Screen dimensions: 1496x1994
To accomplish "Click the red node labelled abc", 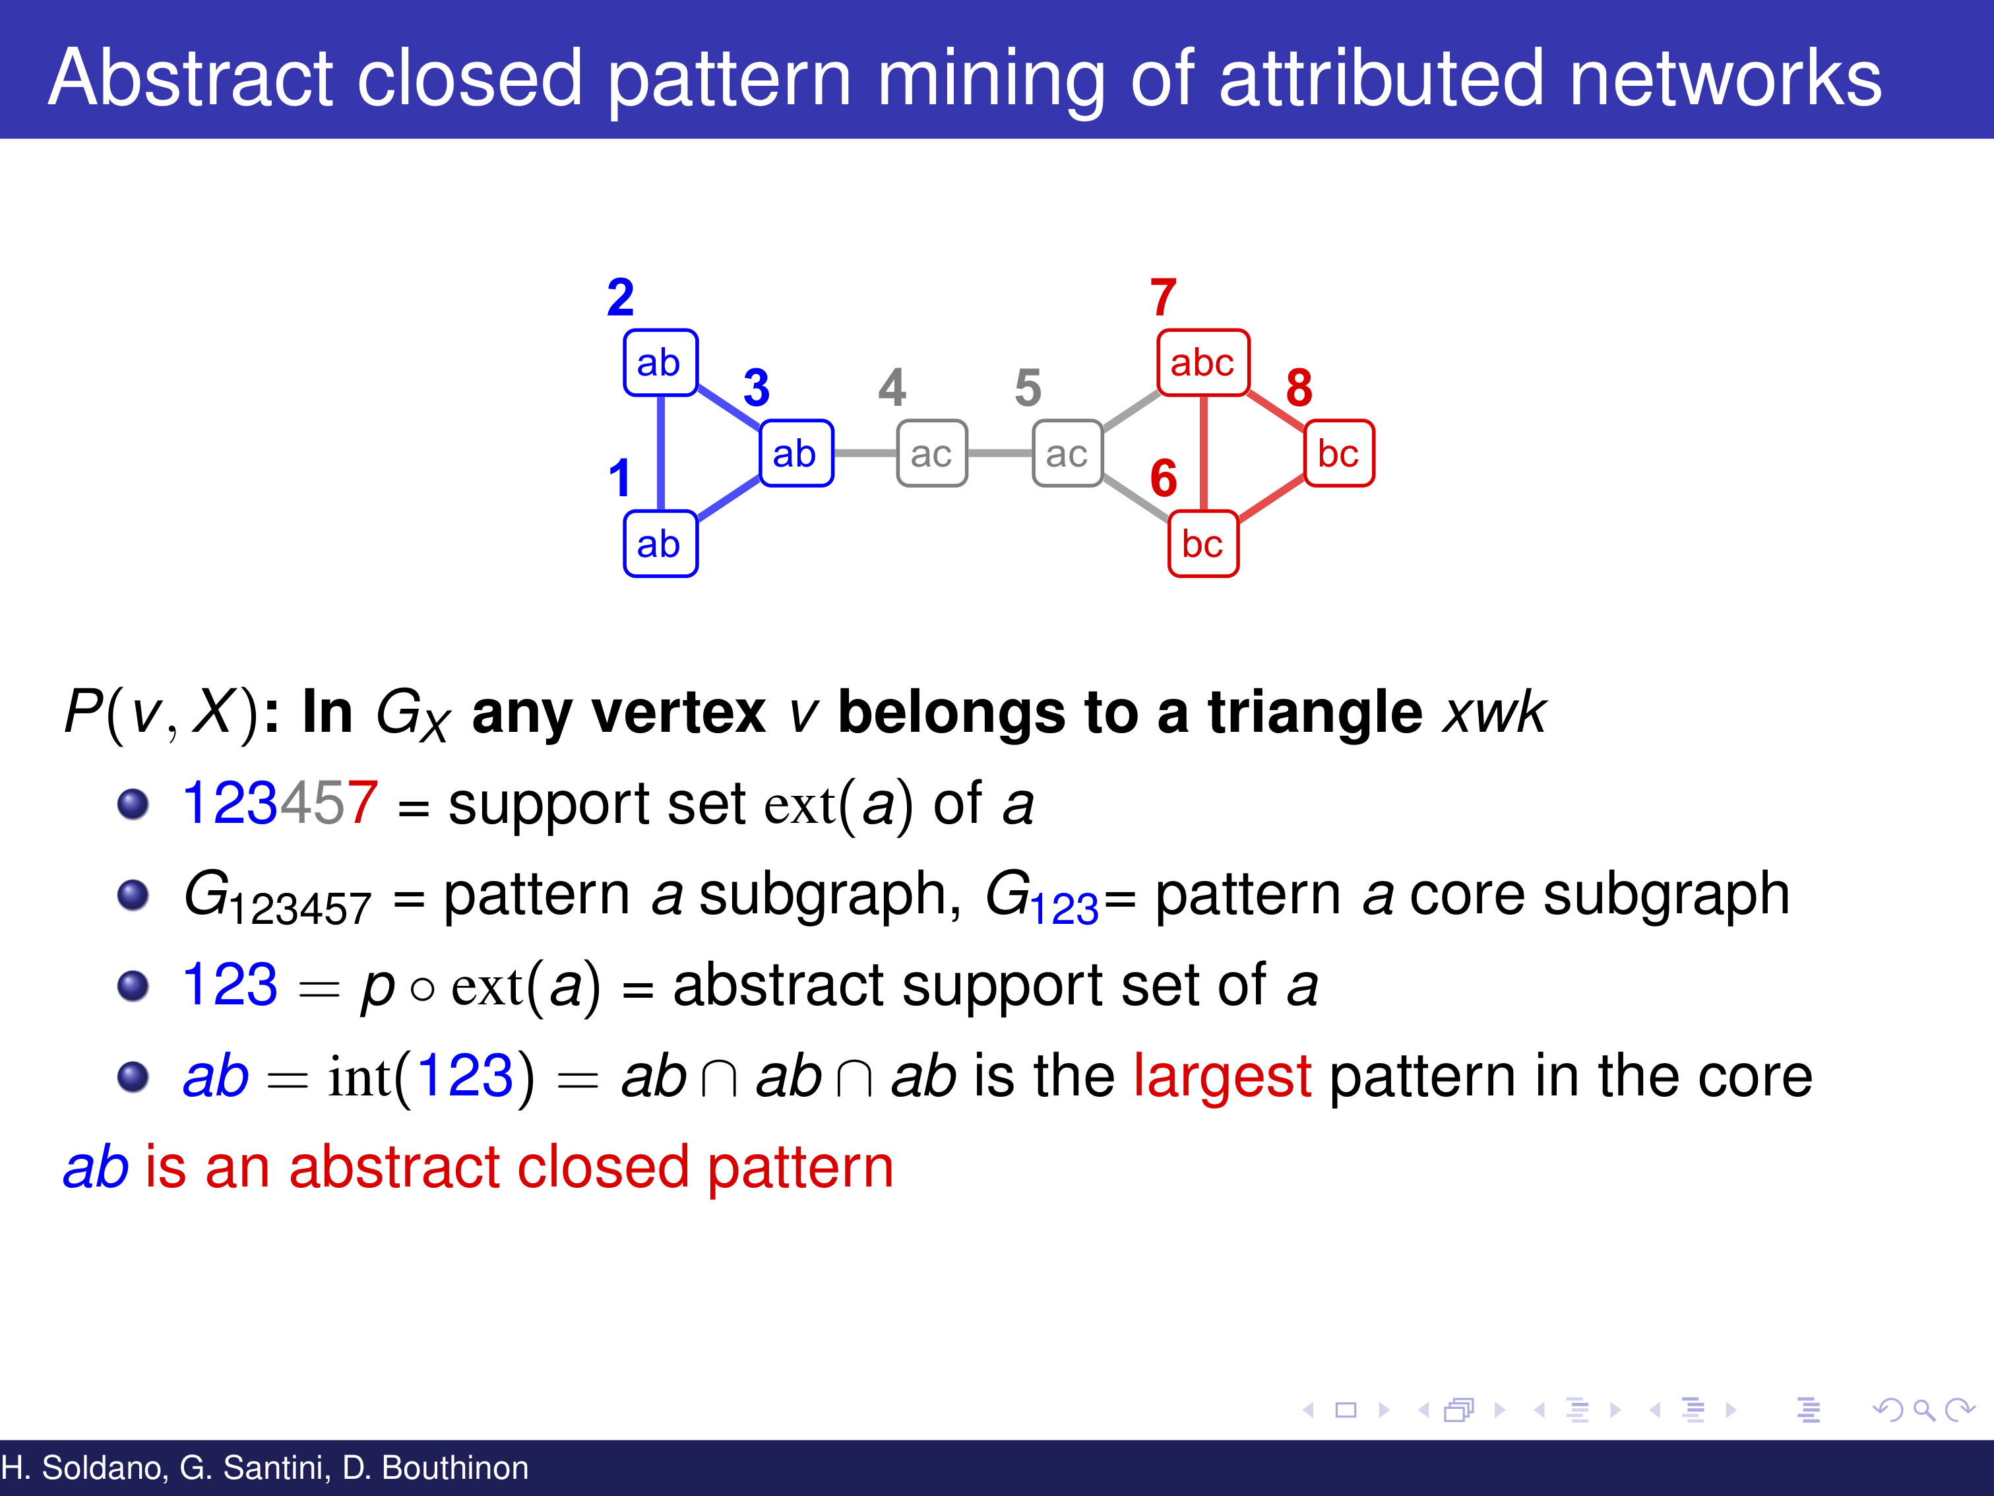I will [1202, 362].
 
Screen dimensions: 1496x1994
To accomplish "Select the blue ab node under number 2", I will [660, 362].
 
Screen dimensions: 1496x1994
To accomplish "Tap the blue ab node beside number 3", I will [795, 453].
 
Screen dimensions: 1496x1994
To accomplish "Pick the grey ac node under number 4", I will [931, 453].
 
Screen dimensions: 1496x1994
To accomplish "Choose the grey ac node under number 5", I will [1067, 453].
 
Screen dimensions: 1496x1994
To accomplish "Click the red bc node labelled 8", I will [1338, 453].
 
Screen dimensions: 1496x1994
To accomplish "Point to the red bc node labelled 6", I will [1202, 544].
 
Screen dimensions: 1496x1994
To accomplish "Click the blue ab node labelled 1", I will [660, 544].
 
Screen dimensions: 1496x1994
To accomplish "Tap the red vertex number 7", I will [1163, 297].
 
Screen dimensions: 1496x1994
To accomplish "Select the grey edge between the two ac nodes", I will [1000, 453].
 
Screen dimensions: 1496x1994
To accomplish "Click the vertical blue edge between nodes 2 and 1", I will [661, 453].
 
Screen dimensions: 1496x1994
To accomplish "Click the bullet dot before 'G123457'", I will [133, 895].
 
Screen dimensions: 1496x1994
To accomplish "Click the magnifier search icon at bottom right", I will [1923, 1410].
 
